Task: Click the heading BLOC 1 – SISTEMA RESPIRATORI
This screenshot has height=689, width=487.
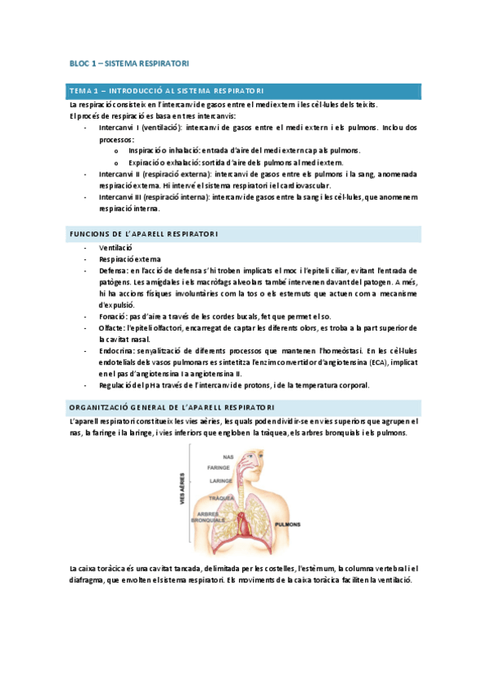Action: pyautogui.click(x=129, y=63)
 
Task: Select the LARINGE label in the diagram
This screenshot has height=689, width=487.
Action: pyautogui.click(x=217, y=480)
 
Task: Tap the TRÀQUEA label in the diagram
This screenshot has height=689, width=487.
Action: pyautogui.click(x=221, y=497)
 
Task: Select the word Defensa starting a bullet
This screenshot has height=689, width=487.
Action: pyautogui.click(x=112, y=270)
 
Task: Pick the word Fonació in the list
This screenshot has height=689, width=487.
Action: pyautogui.click(x=112, y=316)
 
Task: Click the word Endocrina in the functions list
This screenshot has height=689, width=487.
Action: pyautogui.click(x=116, y=350)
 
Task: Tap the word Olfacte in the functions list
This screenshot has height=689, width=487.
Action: pyautogui.click(x=112, y=327)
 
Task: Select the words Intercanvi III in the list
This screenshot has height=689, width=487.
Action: pyautogui.click(x=122, y=197)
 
